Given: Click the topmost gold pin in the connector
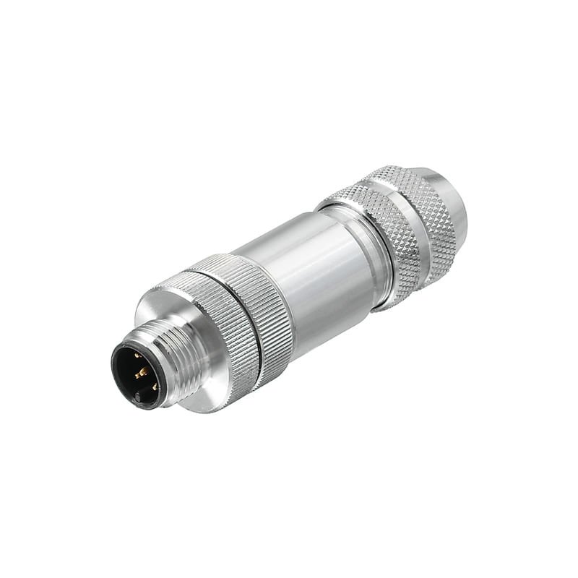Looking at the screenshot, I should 137,355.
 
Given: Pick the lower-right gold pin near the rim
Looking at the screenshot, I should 154,387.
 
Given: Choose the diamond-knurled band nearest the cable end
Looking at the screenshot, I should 426,210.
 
